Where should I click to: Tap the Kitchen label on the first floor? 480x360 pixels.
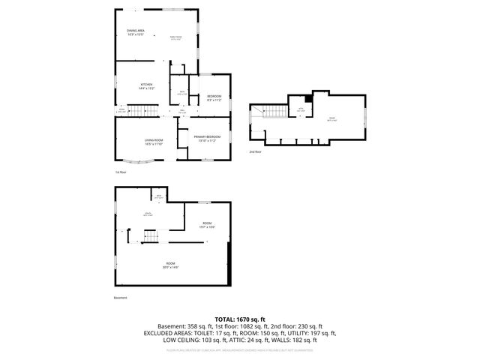point(147,86)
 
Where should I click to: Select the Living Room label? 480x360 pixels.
point(154,142)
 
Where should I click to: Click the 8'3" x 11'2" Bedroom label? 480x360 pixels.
point(214,98)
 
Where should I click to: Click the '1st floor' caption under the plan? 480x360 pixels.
point(120,172)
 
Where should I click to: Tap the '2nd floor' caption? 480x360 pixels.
point(256,151)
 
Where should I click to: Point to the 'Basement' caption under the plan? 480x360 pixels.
point(121,298)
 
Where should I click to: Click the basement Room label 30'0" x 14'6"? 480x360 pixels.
point(172,265)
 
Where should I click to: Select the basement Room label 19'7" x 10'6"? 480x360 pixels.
point(207,224)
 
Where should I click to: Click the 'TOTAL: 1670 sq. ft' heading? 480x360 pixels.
point(240,319)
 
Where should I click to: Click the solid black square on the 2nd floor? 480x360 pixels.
point(308,98)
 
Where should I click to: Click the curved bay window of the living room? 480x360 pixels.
point(135,161)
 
